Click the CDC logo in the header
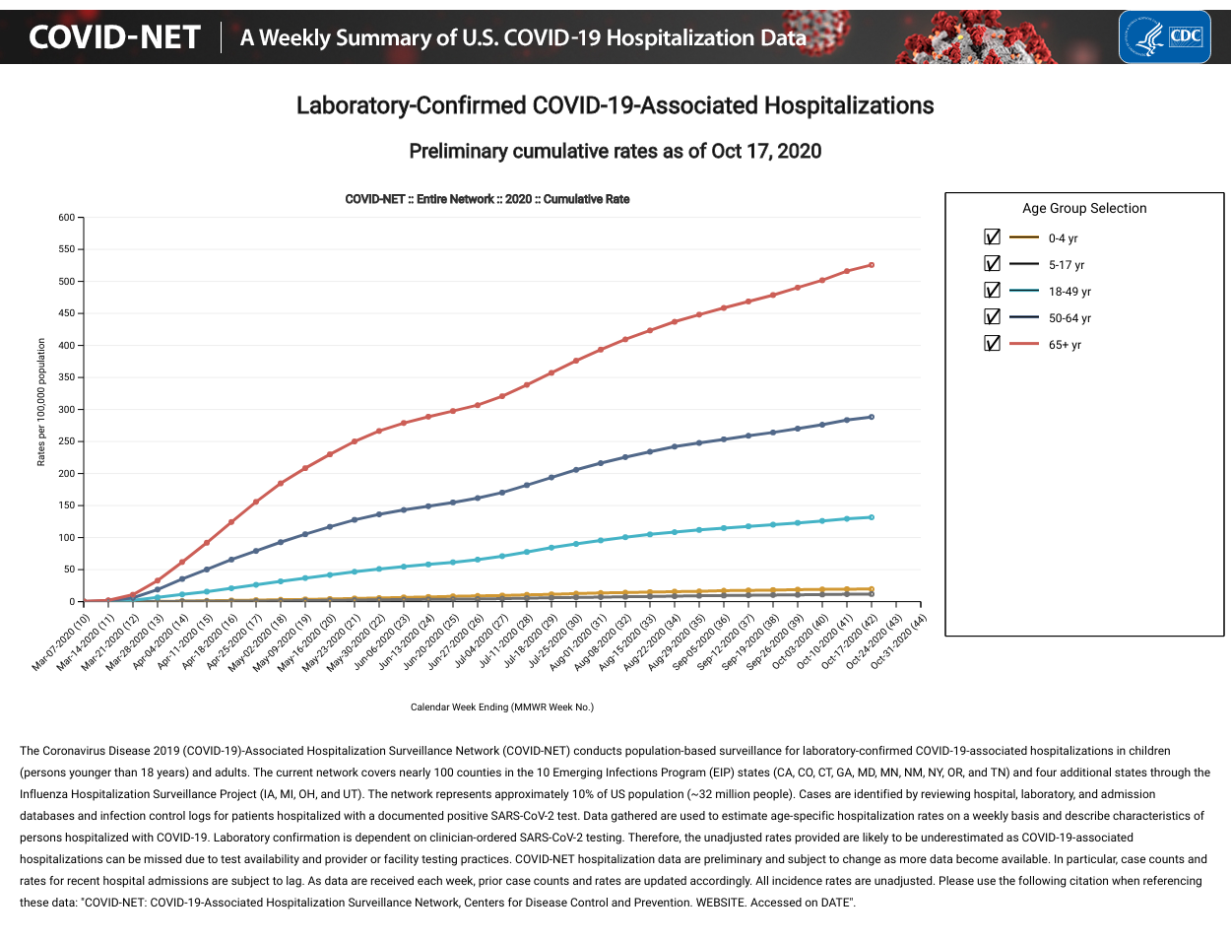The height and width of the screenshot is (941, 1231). click(1164, 37)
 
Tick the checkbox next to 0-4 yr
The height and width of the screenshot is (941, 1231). click(992, 237)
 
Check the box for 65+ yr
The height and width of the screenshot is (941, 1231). click(992, 344)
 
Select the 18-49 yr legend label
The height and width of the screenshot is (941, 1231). click(1069, 292)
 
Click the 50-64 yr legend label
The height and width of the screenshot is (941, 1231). click(1069, 318)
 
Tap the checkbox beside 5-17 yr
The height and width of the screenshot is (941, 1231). click(992, 264)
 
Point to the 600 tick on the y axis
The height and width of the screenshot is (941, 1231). click(67, 218)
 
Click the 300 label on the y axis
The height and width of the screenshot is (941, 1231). click(67, 410)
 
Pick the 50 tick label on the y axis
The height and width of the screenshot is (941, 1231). click(69, 570)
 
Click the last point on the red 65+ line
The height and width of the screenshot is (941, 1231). click(872, 265)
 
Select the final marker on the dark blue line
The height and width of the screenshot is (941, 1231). click(872, 417)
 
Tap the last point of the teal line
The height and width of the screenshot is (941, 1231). click(872, 517)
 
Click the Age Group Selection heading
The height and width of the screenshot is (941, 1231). click(1084, 208)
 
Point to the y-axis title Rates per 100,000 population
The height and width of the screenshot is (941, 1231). click(41, 402)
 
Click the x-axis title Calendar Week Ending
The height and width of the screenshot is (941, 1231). click(502, 706)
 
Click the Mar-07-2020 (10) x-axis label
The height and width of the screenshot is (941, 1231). click(62, 641)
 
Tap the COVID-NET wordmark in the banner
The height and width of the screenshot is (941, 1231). click(115, 37)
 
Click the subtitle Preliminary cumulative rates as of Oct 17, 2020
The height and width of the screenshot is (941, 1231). click(615, 151)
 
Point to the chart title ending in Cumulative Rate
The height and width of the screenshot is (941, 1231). click(487, 199)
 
